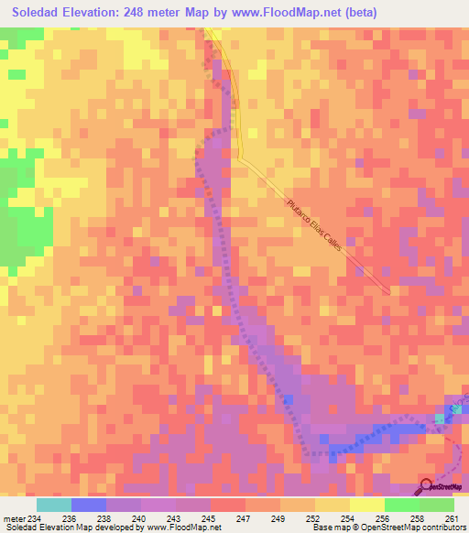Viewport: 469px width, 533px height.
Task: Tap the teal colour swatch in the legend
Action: pos(54,505)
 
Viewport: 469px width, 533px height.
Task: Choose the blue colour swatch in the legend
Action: pos(89,505)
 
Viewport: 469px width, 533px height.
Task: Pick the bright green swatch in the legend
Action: pos(401,505)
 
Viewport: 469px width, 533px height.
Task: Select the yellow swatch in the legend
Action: pos(366,505)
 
